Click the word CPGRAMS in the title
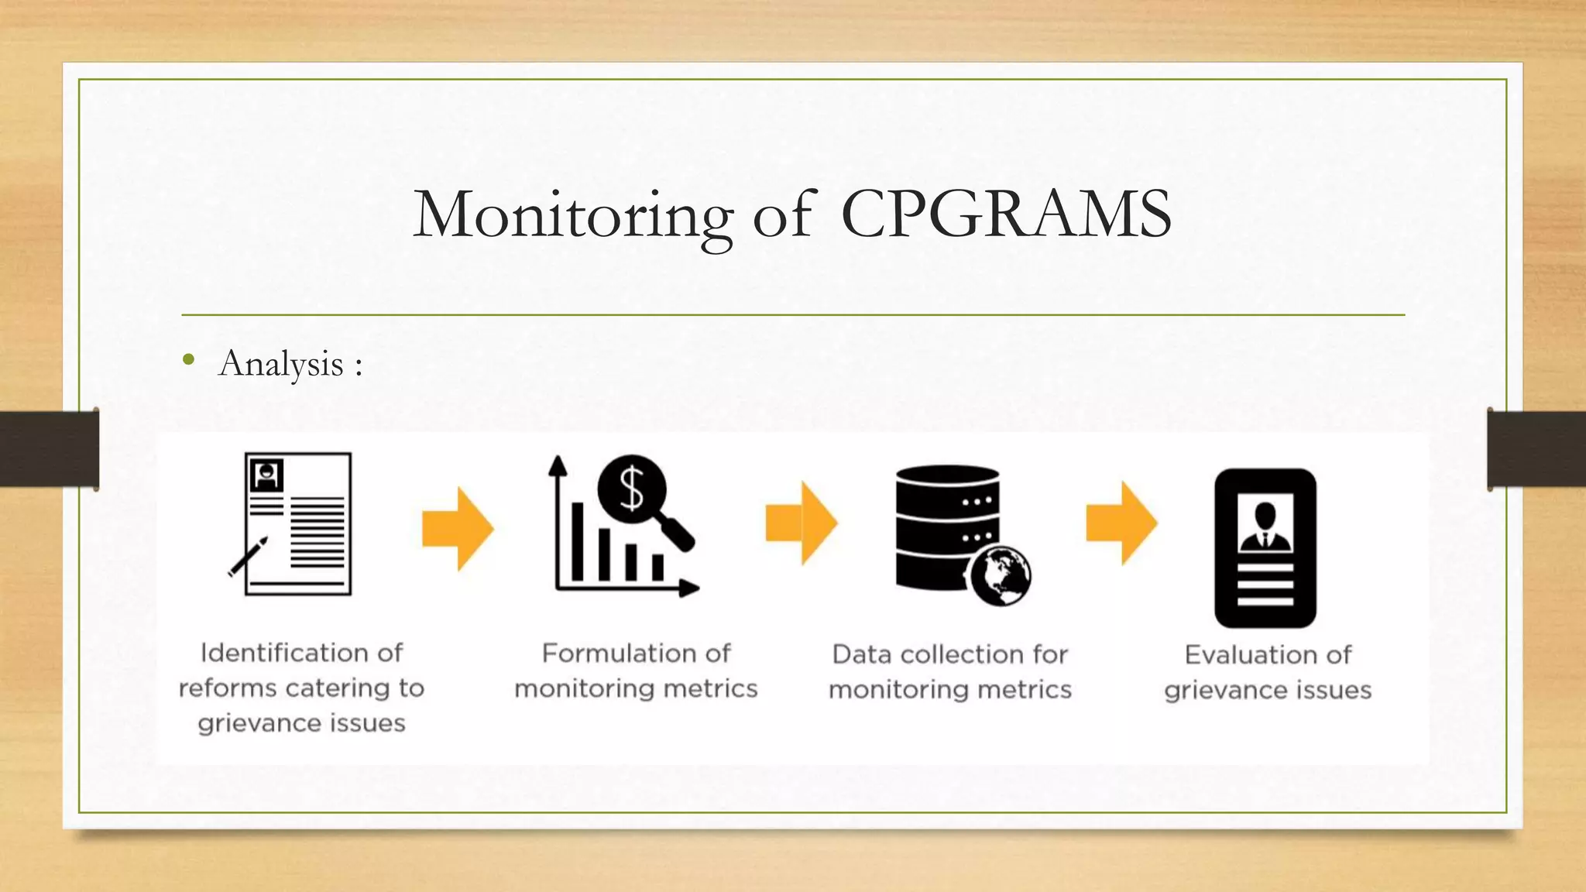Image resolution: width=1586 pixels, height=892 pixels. [x=1005, y=214]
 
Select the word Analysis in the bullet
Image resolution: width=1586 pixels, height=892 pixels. [x=281, y=364]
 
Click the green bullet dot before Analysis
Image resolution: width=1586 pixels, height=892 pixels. [x=188, y=359]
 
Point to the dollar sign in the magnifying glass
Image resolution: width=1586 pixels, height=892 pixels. [x=632, y=489]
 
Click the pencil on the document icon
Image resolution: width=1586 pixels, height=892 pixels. [x=248, y=557]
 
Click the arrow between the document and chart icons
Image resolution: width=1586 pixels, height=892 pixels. [x=458, y=529]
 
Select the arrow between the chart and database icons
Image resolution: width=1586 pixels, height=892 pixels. [x=802, y=523]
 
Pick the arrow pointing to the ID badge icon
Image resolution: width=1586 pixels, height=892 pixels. [x=1121, y=523]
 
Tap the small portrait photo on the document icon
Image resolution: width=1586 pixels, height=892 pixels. [x=266, y=475]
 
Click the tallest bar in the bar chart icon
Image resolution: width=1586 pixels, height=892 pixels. [x=577, y=541]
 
